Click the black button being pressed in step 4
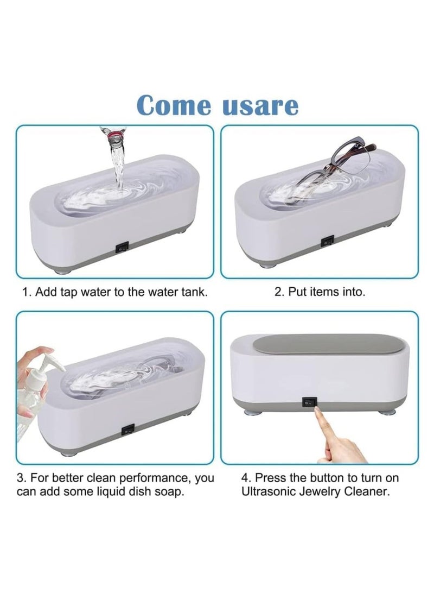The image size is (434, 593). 308,403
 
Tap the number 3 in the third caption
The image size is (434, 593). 21,478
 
